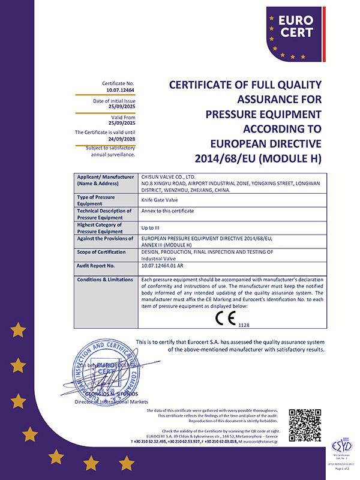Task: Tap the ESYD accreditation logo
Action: pos(341,448)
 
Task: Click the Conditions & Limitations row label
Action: pos(101,280)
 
